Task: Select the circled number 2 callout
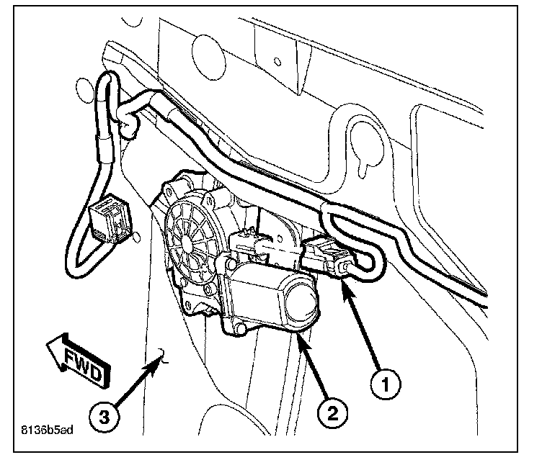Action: pos(332,413)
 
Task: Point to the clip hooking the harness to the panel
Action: pos(130,126)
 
